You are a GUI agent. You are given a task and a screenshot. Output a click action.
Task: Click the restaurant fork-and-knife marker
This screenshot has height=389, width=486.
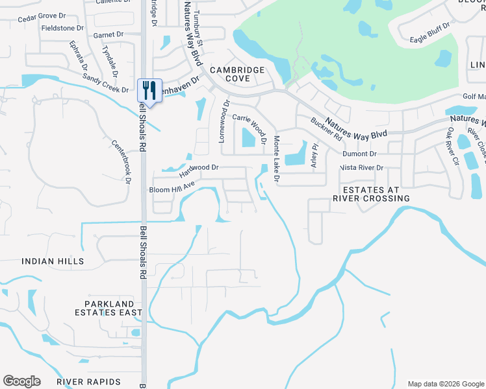[149, 89]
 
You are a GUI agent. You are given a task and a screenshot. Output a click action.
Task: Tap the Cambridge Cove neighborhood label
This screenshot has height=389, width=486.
[237, 74]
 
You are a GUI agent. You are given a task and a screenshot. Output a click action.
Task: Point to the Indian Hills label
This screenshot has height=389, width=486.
[53, 261]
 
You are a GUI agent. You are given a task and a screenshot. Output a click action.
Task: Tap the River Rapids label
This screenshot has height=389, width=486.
[88, 382]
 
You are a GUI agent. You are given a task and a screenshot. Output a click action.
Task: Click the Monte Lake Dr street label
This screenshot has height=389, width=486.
[276, 158]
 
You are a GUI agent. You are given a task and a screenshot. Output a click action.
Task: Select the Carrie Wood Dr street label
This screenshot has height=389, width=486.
[251, 128]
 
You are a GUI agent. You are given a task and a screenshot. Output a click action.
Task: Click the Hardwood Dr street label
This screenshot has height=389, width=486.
[199, 171]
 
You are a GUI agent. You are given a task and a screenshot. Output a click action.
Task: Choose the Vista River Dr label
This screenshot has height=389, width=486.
[362, 167]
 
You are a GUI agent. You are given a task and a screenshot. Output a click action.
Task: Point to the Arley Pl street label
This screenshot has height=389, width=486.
[314, 156]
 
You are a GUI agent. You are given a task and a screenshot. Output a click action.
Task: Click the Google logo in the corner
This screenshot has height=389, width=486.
[21, 381]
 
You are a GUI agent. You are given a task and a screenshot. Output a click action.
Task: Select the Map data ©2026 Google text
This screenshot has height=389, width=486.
[445, 384]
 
